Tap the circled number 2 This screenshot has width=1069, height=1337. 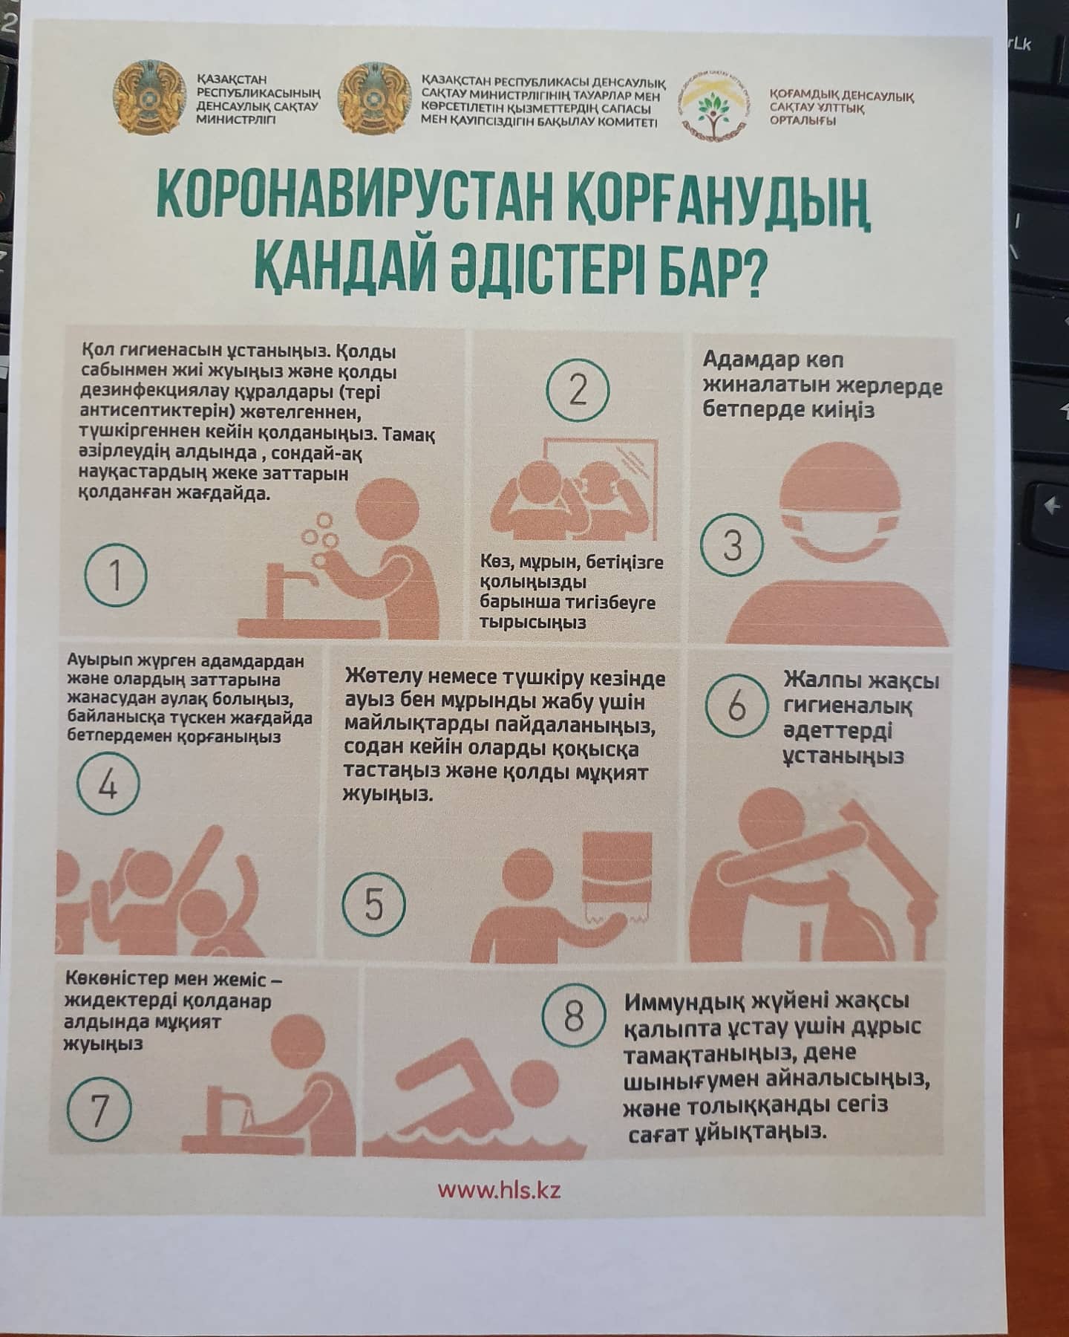coord(578,390)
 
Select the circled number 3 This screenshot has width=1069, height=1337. coord(732,546)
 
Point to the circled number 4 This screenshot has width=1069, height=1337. coord(108,785)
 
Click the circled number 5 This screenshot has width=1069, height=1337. coord(373,905)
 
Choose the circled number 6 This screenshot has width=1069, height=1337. coord(736,705)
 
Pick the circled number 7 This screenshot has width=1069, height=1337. coord(99,1110)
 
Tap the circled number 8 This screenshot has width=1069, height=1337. coord(573,1017)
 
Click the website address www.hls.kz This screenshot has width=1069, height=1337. coord(498,1190)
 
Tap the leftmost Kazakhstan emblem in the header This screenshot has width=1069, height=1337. coord(149,97)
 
